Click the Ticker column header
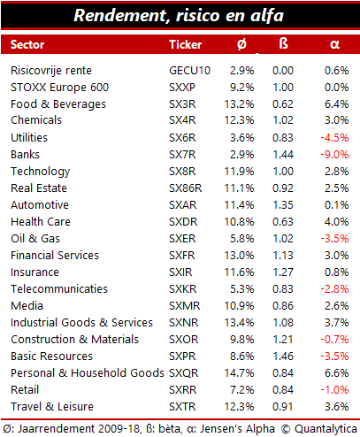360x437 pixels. coord(185,44)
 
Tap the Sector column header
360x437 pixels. coord(27,44)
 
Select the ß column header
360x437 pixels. coord(283,43)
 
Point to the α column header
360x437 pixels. coord(334,44)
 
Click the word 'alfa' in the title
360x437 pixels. coord(267,15)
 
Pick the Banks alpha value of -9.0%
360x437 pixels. coord(334,155)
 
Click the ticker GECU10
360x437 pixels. coord(189,71)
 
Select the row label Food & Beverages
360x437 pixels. coord(58,104)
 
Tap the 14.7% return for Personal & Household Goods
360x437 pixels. coord(239,373)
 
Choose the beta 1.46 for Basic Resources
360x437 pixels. coord(283,356)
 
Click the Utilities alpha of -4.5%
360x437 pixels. coord(334,138)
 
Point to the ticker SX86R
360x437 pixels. coord(185,188)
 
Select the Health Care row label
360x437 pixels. coord(41,222)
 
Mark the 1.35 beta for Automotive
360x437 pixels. coord(283,205)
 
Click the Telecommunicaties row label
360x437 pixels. coord(59,289)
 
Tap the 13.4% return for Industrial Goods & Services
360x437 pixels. coord(239,323)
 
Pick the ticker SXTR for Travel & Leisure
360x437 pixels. coord(182,407)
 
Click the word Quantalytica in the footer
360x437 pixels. coord(326,429)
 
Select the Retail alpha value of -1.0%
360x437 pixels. coord(334,390)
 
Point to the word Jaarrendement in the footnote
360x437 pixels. coord(56,429)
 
